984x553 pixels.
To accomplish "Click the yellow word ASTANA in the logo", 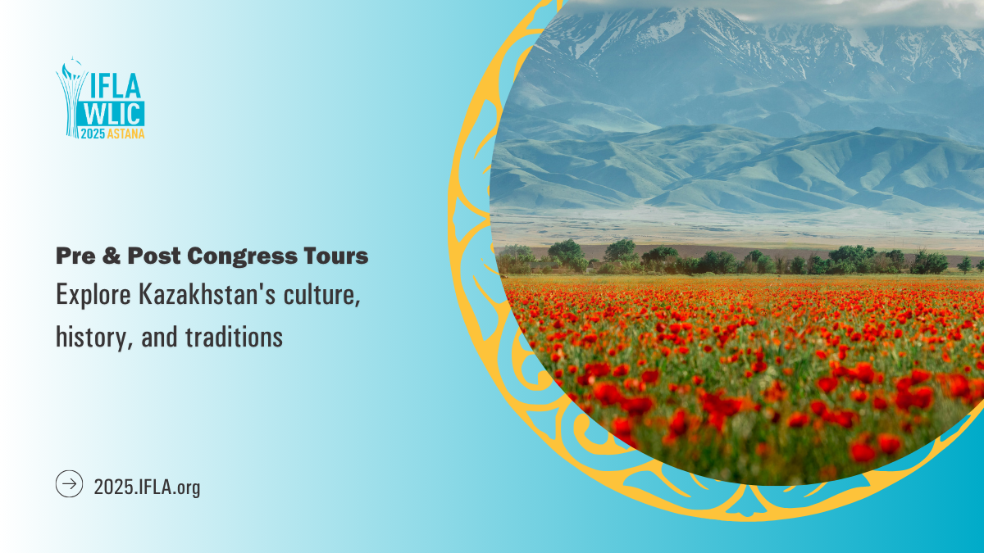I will pyautogui.click(x=126, y=134).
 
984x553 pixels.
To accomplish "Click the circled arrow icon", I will pyautogui.click(x=69, y=484).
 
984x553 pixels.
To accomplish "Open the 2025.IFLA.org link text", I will pyautogui.click(x=147, y=487).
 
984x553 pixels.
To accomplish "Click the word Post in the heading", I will pyautogui.click(x=153, y=256).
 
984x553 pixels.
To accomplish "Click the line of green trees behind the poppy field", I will pyautogui.click(x=738, y=259).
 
